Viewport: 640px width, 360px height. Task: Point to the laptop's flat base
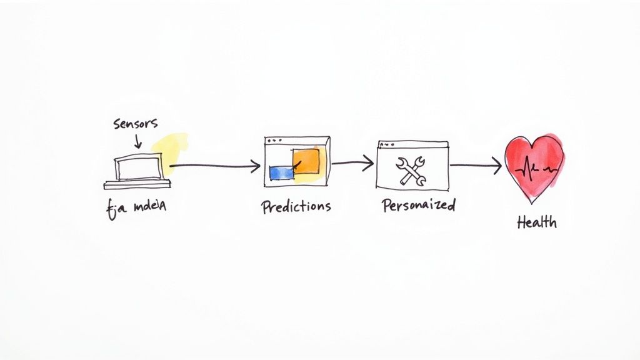tap(137, 184)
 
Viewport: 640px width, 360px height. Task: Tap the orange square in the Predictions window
tap(306, 161)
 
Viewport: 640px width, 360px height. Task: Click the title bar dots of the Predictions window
tap(271, 141)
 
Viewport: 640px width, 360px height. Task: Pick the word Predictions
tap(296, 206)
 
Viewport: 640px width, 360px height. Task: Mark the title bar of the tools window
tap(412, 144)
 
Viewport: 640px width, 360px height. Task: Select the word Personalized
tap(418, 205)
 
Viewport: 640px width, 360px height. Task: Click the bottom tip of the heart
tap(532, 201)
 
